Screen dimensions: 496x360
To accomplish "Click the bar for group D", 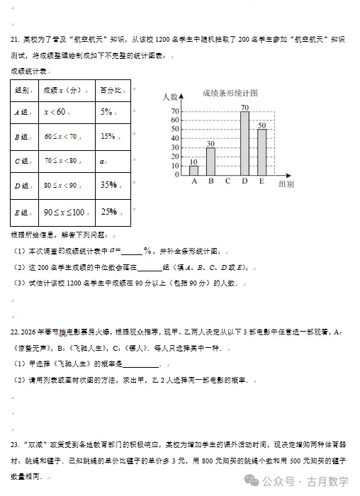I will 244,143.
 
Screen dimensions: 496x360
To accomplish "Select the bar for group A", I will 193,170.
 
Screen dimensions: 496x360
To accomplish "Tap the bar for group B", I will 210,162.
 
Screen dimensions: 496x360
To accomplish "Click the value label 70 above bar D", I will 244,107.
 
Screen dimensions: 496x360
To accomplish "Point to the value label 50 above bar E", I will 261,125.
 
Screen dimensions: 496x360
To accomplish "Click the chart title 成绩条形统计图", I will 229,93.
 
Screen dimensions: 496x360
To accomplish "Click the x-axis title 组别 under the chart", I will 286,184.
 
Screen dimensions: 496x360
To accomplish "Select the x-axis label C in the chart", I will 227,181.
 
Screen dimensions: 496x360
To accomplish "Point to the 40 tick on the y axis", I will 175,138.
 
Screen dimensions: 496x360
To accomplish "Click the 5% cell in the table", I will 107,112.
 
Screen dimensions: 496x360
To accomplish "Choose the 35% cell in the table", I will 108,185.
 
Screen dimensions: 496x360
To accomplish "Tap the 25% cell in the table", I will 108,211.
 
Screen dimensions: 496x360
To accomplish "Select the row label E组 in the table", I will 21,212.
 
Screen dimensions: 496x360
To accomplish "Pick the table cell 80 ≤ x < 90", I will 60,186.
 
